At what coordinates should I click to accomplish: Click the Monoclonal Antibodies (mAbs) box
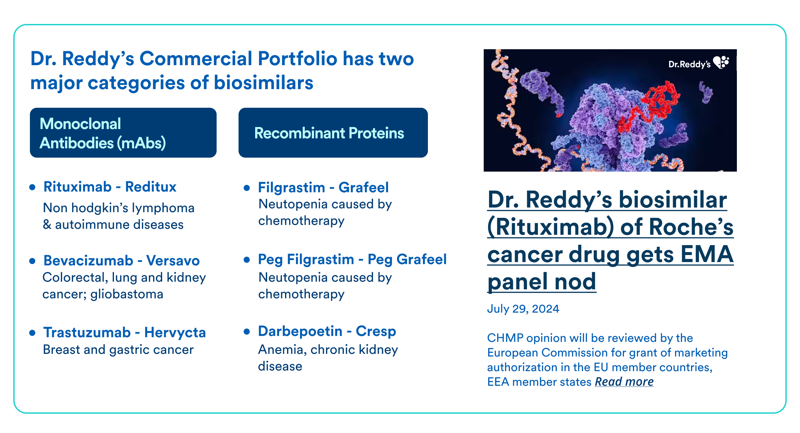coord(123,133)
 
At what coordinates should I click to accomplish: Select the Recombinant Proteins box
coord(333,133)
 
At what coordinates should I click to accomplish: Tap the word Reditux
coord(151,187)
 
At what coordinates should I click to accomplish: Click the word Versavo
coord(173,261)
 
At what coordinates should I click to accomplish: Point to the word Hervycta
coord(175,333)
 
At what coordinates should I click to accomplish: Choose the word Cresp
coord(376,332)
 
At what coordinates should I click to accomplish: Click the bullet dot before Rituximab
coord(32,187)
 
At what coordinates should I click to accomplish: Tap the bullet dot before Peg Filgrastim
coord(247,260)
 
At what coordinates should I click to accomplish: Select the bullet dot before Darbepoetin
coord(247,332)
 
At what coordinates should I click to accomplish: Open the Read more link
coord(624,382)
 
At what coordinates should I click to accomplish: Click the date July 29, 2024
coord(523,309)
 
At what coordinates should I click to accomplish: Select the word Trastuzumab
coord(87,333)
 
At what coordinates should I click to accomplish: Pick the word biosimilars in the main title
coord(263,83)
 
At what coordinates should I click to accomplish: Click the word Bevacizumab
coord(88,261)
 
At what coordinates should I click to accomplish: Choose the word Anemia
coord(282,350)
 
